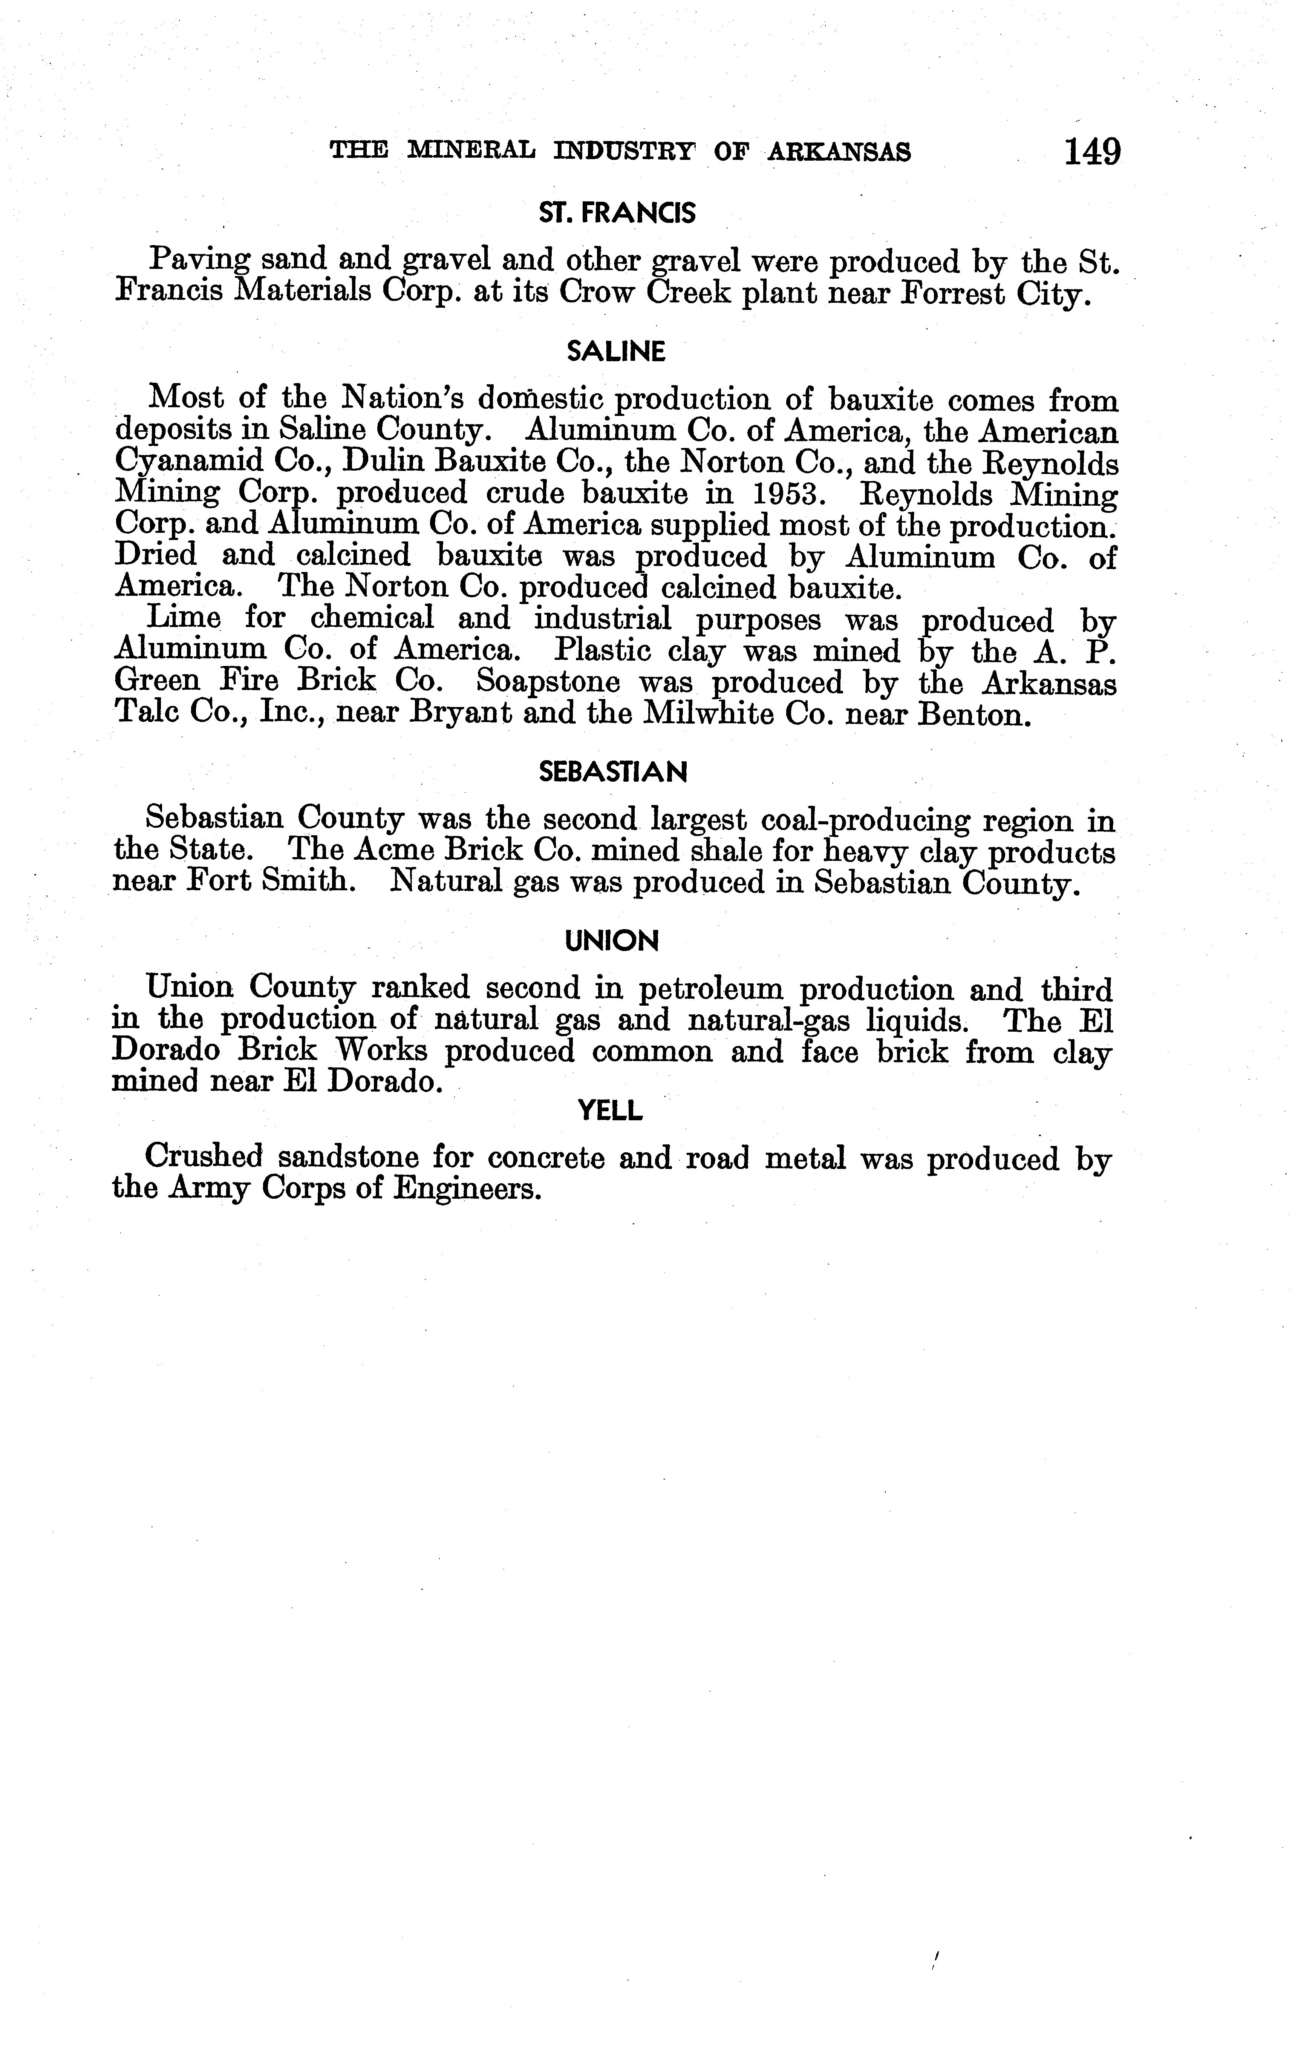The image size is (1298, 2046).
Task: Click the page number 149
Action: (x=1091, y=152)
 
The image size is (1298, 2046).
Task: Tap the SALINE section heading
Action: (x=616, y=352)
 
